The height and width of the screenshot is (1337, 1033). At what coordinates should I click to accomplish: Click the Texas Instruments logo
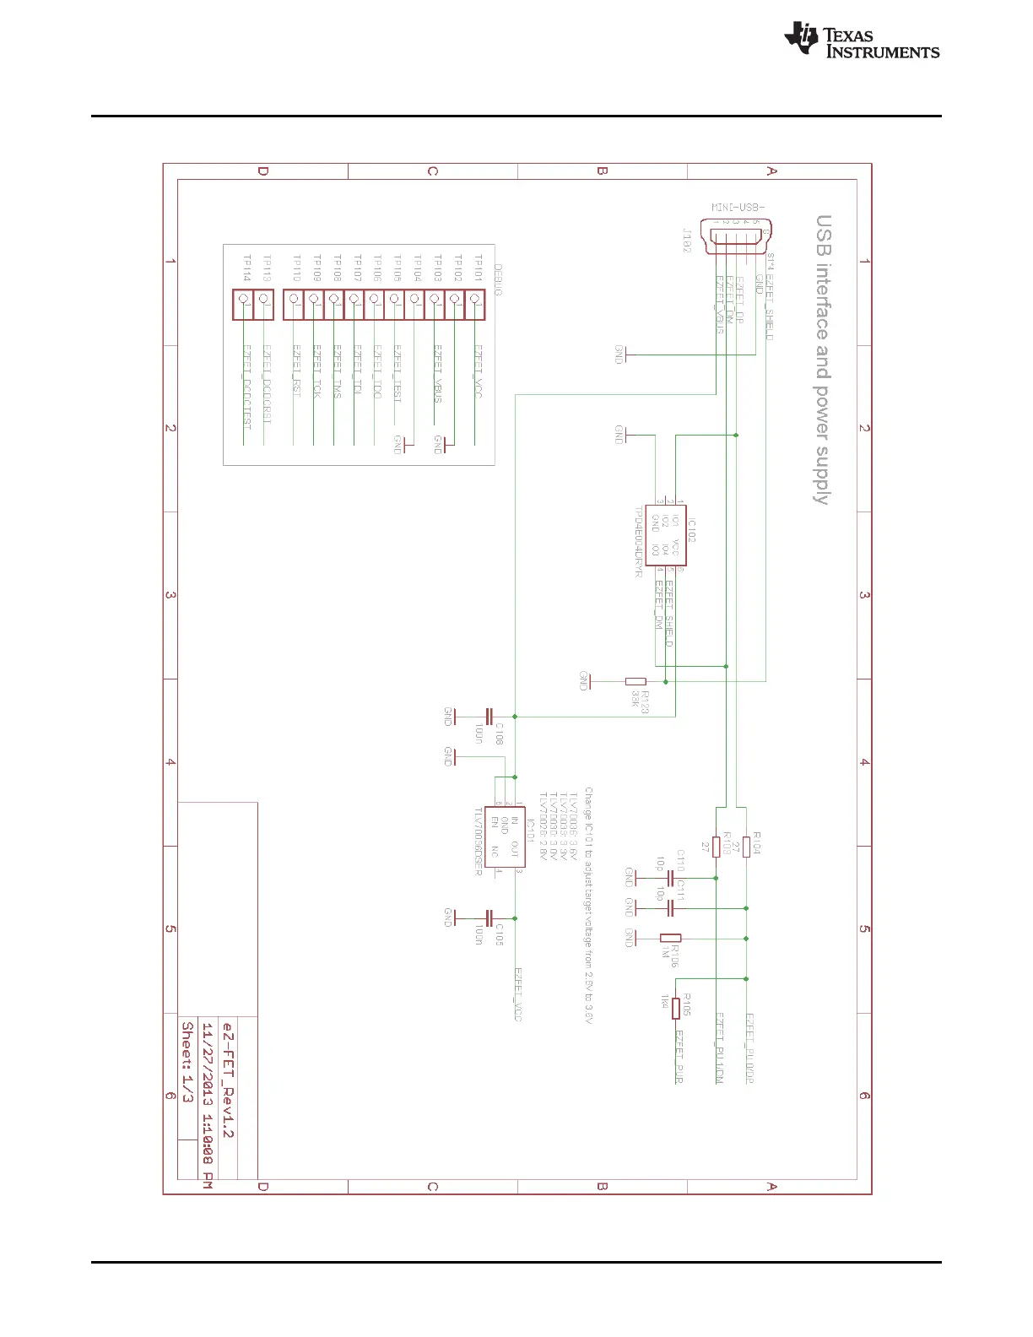(x=861, y=41)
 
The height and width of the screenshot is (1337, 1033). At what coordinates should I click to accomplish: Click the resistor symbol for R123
(x=635, y=681)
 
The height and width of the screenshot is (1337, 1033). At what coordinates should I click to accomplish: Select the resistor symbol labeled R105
(x=675, y=1008)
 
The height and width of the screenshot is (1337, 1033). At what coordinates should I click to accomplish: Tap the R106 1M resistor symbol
(x=671, y=938)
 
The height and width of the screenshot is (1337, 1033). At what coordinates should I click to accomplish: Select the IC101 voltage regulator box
(x=506, y=836)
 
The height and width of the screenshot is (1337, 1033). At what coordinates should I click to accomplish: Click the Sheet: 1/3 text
(x=187, y=1062)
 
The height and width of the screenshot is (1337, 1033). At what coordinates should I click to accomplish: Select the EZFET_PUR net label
(x=679, y=1057)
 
